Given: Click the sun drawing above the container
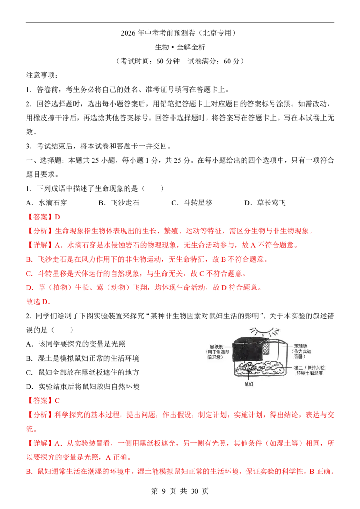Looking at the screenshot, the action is coord(264,332).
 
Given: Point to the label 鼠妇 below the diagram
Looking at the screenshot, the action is coord(249,384).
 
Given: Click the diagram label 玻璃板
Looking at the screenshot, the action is coord(301,346).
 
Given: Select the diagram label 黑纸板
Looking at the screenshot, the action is coord(216,347).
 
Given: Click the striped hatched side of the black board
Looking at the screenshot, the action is coord(266,350).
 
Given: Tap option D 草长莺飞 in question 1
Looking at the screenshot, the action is coord(265,203).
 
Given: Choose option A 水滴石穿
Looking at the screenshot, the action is coord(46,203).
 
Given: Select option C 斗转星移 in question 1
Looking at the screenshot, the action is coord(192,203).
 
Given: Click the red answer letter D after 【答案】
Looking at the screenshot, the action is coord(58,217).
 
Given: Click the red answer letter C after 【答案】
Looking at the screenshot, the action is coord(57,401).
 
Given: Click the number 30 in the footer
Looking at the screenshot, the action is coord(194,491).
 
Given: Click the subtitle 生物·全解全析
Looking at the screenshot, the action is coord(180,47).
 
